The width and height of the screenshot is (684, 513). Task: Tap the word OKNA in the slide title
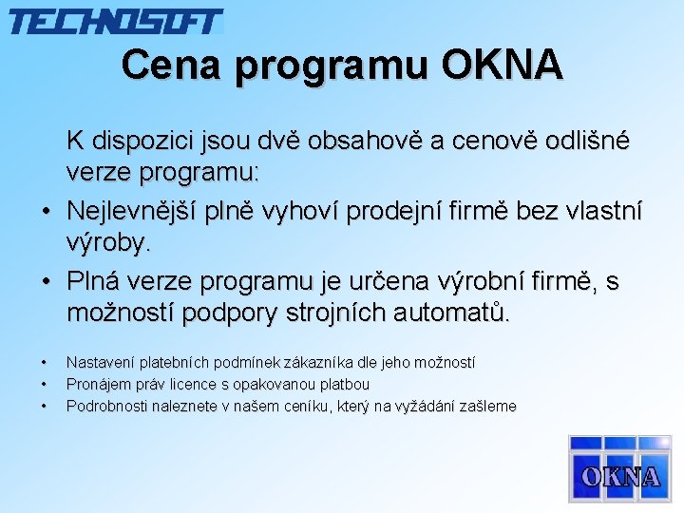[502, 65]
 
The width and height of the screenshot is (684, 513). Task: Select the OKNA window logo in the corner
[619, 467]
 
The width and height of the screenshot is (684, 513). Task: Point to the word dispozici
[143, 142]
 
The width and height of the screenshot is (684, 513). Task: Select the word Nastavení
[101, 363]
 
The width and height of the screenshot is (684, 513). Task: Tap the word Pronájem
[99, 385]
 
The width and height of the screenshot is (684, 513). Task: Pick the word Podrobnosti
[106, 407]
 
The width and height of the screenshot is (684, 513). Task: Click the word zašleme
[488, 407]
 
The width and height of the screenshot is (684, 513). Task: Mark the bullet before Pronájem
[44, 385]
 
